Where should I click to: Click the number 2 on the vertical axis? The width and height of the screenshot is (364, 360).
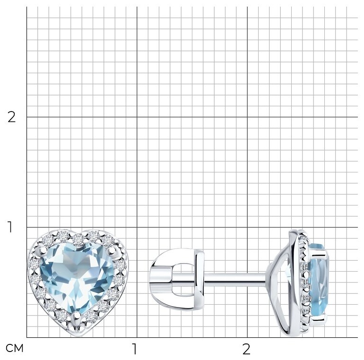tap(11, 117)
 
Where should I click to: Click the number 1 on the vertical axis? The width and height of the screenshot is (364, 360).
tap(10, 227)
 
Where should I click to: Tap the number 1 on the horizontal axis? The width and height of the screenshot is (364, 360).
tap(134, 349)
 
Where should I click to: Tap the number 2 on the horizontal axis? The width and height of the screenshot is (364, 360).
tap(246, 349)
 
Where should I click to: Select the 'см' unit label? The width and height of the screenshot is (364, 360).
tap(14, 348)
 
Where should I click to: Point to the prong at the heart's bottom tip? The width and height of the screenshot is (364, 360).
tap(76, 317)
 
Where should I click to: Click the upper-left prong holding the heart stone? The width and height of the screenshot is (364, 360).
tap(43, 250)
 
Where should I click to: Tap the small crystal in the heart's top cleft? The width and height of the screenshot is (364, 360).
tap(78, 240)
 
